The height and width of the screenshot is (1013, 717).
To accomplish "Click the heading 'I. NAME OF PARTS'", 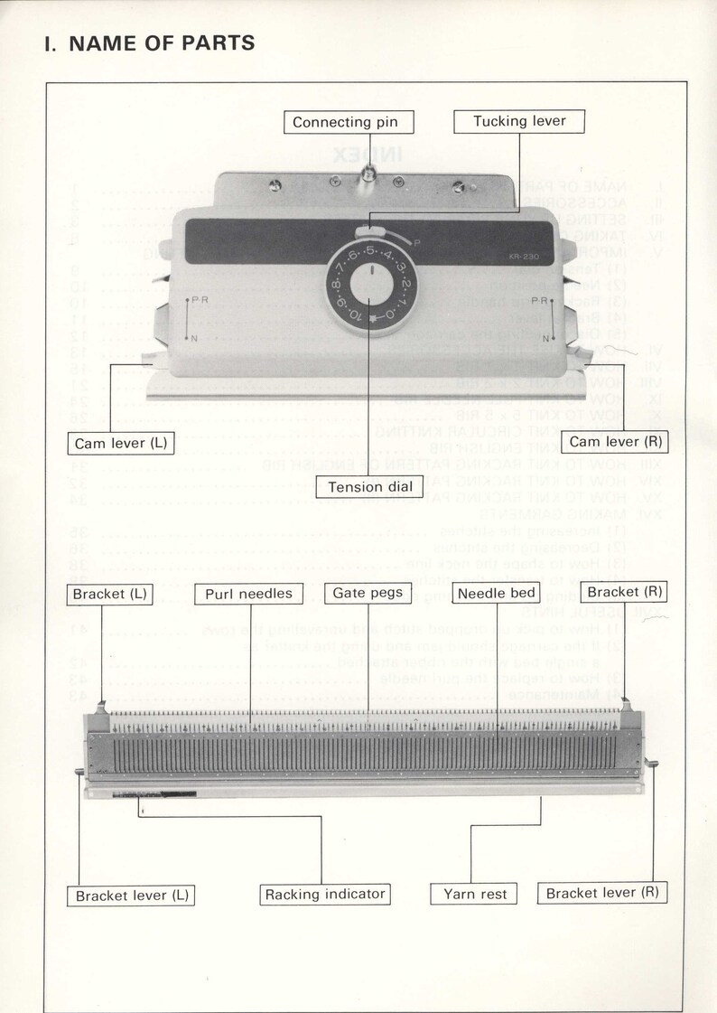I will tap(150, 42).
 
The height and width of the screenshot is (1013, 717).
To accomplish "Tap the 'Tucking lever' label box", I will tap(518, 121).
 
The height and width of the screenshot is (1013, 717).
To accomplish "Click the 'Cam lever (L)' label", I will tap(120, 443).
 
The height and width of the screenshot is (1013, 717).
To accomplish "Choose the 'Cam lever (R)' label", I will tap(617, 442).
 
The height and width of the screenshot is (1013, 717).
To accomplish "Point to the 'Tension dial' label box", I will tap(369, 487).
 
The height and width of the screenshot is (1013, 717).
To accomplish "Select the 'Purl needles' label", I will tap(248, 594).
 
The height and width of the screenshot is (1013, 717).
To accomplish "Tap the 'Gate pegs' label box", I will tap(368, 593).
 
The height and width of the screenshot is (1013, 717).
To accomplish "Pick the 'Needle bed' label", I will tap(497, 594).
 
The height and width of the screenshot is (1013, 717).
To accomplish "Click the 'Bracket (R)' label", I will tap(624, 592).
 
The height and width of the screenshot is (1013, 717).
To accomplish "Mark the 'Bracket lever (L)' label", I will tap(131, 896).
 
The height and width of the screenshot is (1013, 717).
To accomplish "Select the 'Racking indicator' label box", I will tap(324, 895).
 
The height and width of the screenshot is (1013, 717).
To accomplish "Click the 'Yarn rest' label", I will tap(475, 895).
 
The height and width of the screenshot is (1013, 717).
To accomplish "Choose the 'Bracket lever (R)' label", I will tap(601, 893).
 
